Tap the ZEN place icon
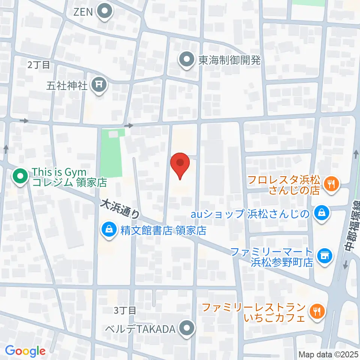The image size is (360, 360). (105, 12)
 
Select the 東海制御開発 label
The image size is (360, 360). (229, 60)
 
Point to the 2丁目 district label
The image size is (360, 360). (39, 64)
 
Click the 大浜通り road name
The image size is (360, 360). (120, 209)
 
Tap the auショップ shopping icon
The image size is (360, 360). (322, 214)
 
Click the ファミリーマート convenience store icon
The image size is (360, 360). (324, 256)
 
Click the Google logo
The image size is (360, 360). (25, 351)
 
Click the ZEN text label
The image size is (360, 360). (83, 12)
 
